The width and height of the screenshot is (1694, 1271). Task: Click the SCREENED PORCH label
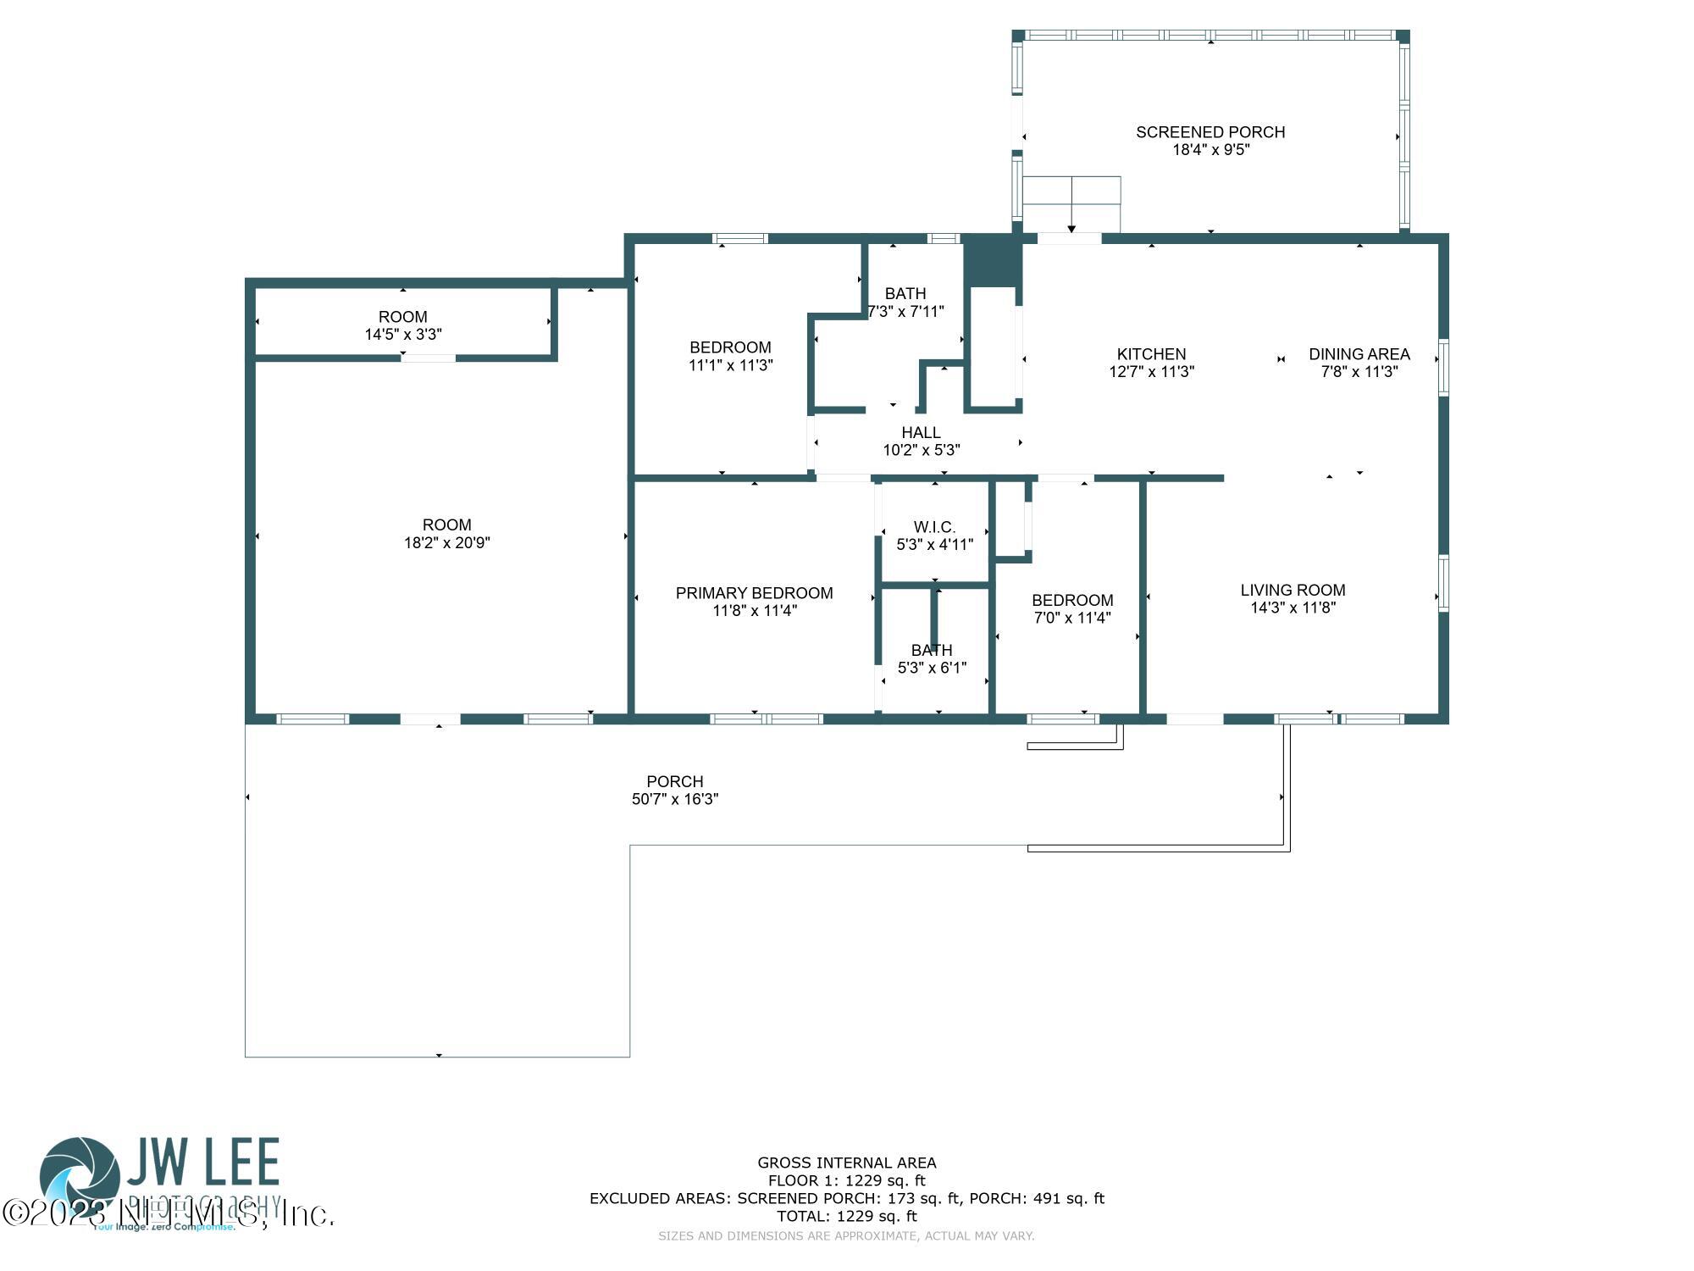(x=1210, y=132)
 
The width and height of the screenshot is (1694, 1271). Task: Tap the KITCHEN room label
(x=1151, y=354)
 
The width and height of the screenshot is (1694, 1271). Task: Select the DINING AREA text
(x=1359, y=354)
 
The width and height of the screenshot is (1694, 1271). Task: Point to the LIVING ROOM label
(x=1293, y=591)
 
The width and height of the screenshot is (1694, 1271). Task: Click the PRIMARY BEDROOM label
(x=754, y=593)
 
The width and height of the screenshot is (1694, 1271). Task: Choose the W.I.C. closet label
(x=934, y=527)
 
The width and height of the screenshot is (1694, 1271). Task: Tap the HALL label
(x=921, y=433)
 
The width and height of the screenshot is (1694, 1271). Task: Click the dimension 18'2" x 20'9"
(x=446, y=543)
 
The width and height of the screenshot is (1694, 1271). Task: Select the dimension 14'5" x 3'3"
(x=402, y=335)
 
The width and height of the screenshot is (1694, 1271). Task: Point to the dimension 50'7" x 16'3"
(x=674, y=799)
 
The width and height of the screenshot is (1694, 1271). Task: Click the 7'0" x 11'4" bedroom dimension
(x=1071, y=618)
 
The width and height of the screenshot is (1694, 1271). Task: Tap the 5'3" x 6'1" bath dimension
(x=932, y=668)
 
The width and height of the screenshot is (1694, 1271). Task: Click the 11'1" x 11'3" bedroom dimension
(x=730, y=365)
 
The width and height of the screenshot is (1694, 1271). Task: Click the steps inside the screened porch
(x=1071, y=203)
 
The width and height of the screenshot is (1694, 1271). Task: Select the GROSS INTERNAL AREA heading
(x=846, y=1163)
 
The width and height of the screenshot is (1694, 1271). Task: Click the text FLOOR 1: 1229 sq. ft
(x=846, y=1180)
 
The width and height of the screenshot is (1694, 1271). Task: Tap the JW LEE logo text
(x=203, y=1162)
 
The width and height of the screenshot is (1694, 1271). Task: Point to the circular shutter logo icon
(x=80, y=1177)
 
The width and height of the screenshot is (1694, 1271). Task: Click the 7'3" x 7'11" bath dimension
(x=906, y=312)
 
